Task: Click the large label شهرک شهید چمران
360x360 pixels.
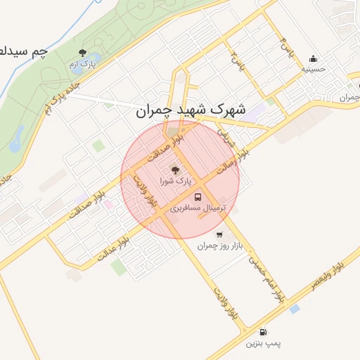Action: click(191, 110)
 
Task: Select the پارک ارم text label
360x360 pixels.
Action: click(82, 65)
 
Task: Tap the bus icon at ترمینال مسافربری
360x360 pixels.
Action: click(198, 197)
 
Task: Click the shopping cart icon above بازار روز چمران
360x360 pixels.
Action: click(219, 235)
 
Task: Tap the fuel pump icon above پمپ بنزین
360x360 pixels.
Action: click(263, 332)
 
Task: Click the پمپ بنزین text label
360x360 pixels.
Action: click(263, 344)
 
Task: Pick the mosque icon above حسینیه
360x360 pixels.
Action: click(313, 58)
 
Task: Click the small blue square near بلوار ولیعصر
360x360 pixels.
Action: click(294, 308)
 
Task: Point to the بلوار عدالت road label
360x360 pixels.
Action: click(113, 250)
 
